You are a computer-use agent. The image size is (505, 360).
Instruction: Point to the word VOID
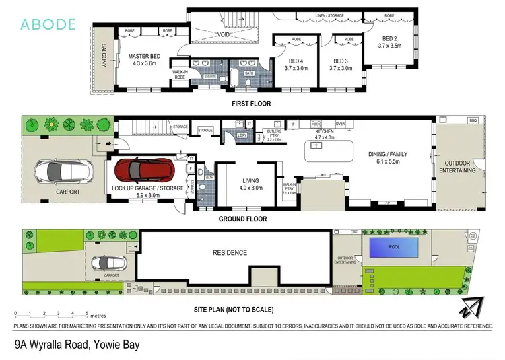coord(224,34)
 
